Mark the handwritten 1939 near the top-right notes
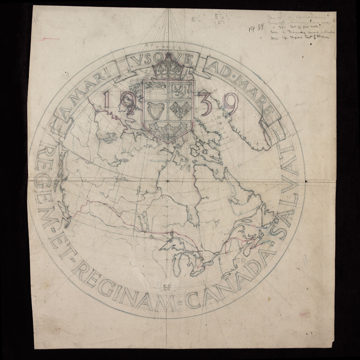(256, 28)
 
